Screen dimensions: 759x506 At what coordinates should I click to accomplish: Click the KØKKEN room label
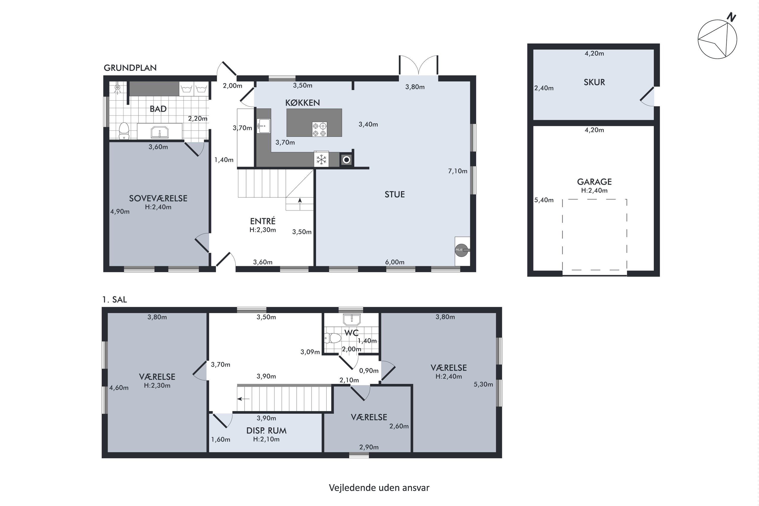[302, 103]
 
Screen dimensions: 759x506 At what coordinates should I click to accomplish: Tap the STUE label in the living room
[394, 194]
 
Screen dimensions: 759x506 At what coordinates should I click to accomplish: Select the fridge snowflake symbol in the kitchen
[321, 159]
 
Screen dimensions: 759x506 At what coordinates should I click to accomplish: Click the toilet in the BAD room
[124, 131]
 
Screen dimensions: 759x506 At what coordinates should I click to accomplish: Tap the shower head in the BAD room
[117, 88]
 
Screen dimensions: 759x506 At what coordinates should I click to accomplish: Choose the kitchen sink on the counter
[264, 126]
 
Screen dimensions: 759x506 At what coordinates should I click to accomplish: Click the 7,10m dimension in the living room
[458, 171]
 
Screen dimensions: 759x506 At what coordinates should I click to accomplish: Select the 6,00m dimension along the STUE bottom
[395, 262]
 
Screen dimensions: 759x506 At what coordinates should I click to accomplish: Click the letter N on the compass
[731, 17]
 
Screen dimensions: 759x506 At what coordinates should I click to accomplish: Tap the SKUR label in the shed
[594, 82]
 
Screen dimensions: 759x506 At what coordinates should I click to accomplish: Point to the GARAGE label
[594, 182]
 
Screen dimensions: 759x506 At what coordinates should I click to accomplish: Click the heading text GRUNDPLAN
[130, 68]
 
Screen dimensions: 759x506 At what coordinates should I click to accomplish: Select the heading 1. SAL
[115, 300]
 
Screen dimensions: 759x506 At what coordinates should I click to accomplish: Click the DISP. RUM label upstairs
[266, 431]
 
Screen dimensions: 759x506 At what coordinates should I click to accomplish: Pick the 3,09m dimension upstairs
[310, 352]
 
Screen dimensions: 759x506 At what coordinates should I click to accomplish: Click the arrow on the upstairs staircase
[243, 399]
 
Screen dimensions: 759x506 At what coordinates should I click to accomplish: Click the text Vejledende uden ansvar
[379, 487]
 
